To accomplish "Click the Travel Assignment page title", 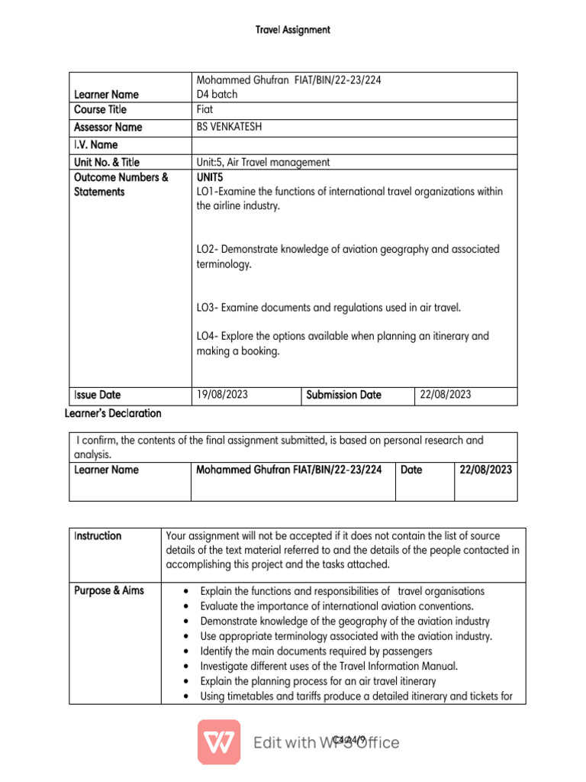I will tap(293, 30).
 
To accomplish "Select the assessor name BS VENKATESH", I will tap(229, 128).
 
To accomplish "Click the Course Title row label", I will tap(100, 110).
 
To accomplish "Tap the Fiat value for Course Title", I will tap(204, 110).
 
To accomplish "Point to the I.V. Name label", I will tap(95, 145).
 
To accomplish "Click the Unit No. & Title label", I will tap(107, 162).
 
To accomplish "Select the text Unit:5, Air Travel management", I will tap(263, 162).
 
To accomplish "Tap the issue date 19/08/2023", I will tap(222, 395).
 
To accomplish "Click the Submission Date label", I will tap(343, 395).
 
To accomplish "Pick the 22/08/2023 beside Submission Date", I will tap(445, 395).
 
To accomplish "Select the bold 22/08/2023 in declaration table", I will tap(486, 470).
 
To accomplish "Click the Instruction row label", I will tap(98, 536).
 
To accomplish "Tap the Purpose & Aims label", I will tap(109, 591).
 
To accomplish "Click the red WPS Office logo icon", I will tap(219, 742).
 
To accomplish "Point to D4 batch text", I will tap(217, 95).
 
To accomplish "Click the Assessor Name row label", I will tap(108, 128).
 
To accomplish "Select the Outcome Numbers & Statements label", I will tap(121, 185).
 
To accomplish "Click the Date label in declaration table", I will tap(411, 470).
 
